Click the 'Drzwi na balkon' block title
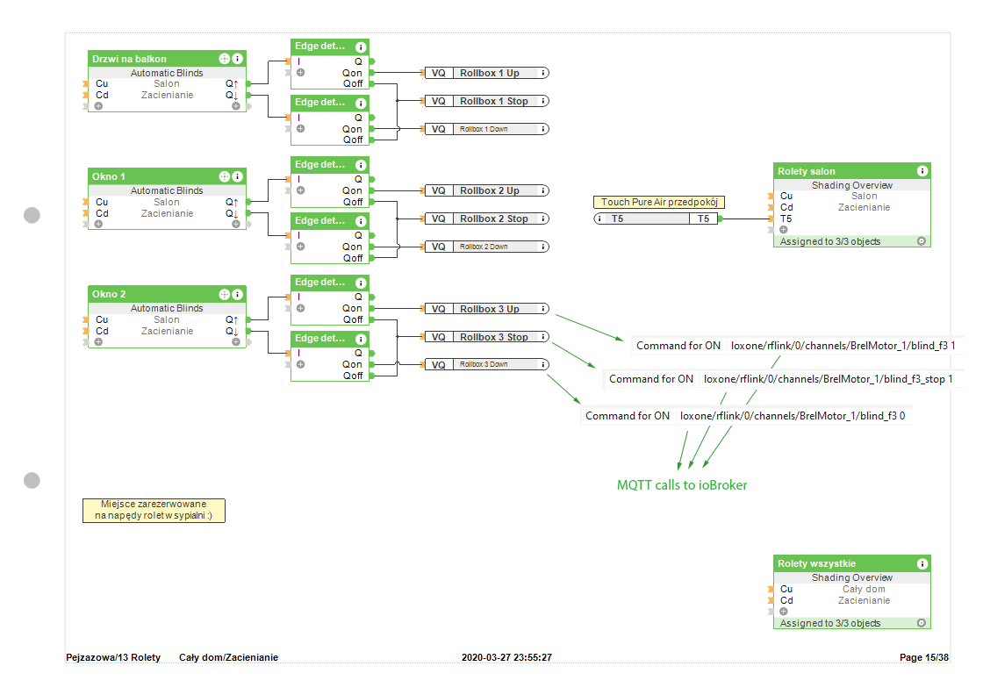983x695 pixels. [129, 59]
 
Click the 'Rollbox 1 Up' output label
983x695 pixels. [490, 73]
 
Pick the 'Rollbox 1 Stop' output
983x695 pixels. [493, 101]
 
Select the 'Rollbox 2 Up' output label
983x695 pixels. [490, 190]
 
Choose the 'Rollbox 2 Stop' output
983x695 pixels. [493, 219]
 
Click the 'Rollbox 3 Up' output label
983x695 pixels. [490, 309]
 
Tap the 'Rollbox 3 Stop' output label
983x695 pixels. [493, 337]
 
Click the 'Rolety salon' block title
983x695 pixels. [807, 171]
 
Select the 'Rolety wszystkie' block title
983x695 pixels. [816, 563]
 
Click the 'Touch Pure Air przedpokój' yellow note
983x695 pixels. [659, 203]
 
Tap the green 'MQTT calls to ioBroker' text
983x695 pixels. [682, 484]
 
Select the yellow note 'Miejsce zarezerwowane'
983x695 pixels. [154, 510]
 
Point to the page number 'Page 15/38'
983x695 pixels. [924, 657]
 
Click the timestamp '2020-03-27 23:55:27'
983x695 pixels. [506, 657]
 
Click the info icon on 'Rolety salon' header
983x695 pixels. [922, 171]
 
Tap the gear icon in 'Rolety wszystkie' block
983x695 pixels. [922, 623]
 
